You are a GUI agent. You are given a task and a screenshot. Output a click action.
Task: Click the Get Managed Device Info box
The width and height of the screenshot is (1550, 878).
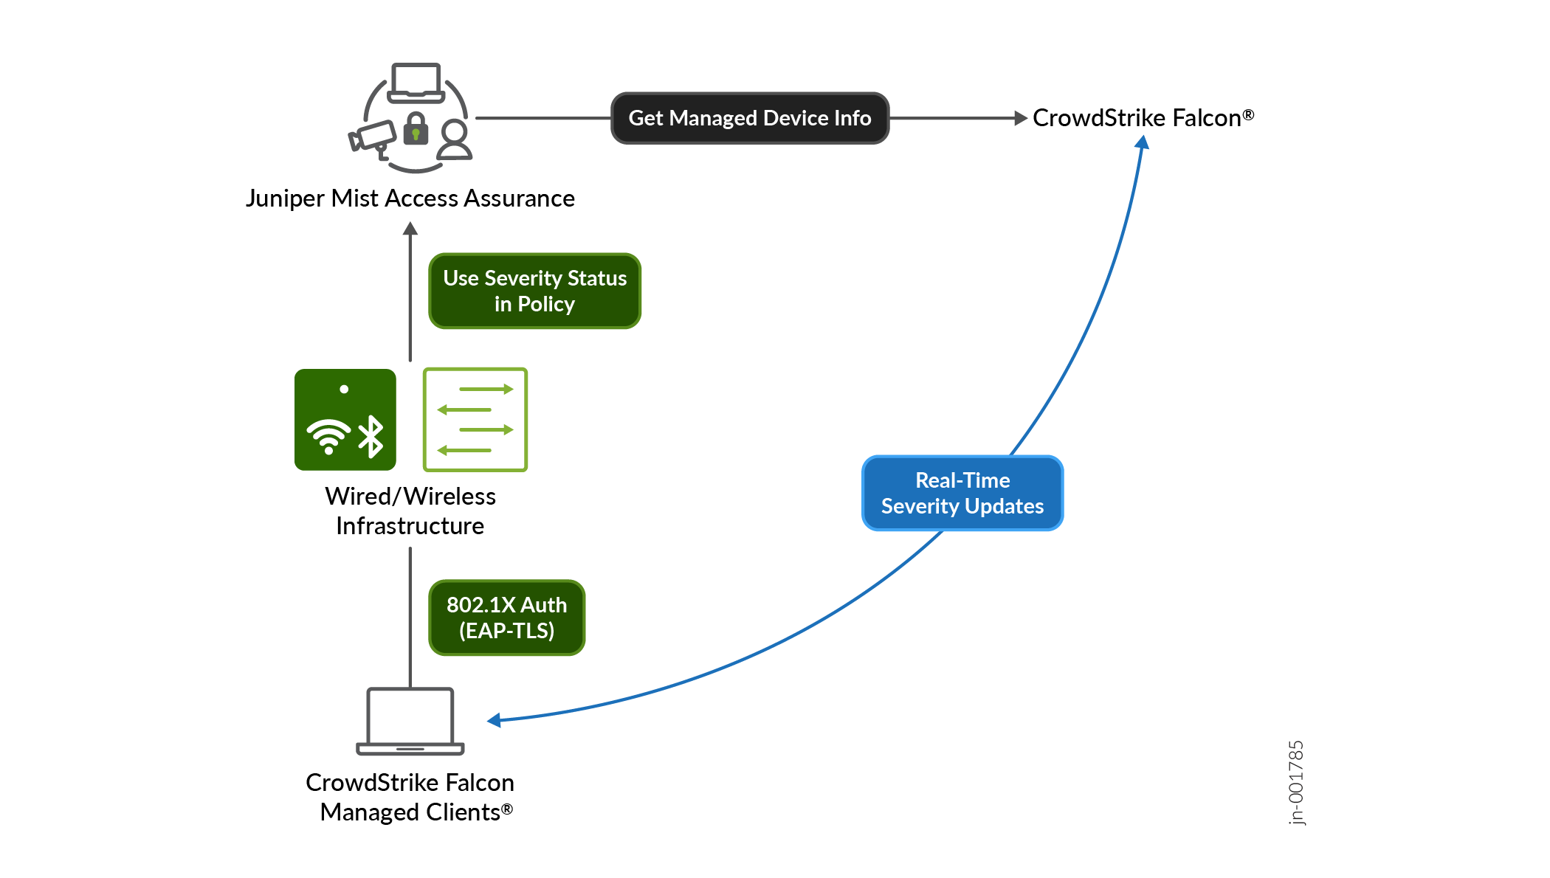coord(750,118)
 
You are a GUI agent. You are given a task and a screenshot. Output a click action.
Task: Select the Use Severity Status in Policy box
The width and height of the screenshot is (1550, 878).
coord(534,291)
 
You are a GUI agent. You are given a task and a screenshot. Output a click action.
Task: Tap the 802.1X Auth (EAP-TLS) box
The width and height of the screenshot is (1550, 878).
coord(506,618)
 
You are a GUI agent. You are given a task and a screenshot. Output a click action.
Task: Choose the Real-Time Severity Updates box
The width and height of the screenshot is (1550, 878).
coord(962,493)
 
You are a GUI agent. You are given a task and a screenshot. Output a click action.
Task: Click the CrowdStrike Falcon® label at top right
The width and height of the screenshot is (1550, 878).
coord(1143,118)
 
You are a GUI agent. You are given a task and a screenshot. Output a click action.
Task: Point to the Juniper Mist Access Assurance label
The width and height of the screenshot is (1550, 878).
coord(410,198)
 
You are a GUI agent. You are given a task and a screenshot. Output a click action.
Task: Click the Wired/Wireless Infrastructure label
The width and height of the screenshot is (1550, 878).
coord(410,511)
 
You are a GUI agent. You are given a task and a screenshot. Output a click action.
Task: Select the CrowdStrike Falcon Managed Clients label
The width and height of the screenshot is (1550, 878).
coord(410,797)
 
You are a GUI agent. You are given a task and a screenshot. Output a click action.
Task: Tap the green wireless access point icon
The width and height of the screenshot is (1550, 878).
coord(345,420)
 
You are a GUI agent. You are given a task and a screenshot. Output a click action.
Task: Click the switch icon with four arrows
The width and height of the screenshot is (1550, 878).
coord(475,420)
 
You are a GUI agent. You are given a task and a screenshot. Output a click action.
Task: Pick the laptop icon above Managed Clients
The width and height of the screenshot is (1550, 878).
coord(410,721)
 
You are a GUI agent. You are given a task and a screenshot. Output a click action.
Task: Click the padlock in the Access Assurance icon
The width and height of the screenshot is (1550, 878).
coord(416,128)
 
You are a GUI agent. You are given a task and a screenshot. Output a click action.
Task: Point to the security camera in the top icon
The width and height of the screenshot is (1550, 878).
coord(373,139)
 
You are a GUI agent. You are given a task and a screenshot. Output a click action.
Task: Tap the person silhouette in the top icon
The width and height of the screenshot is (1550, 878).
coord(455,140)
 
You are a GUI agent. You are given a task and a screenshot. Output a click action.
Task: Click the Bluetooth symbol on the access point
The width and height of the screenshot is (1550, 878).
coord(371,437)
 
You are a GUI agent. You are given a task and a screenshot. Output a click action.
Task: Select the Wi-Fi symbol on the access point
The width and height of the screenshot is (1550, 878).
coord(328,436)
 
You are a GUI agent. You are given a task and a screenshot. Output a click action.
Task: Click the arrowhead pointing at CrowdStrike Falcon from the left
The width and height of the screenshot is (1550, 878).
coord(1021,118)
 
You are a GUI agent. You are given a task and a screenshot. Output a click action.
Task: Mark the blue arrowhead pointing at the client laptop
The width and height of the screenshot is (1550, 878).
coord(494,720)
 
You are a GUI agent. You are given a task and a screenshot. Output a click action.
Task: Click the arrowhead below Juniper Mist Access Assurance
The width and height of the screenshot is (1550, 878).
coord(410,229)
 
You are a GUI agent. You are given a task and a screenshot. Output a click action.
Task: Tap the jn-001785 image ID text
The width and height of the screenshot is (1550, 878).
coord(1296,783)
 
